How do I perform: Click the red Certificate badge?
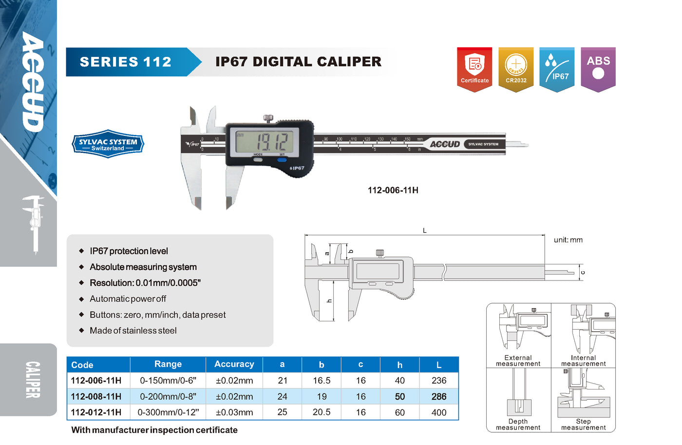coord(474,69)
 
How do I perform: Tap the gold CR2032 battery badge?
coord(516,69)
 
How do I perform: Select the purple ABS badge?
coord(598,69)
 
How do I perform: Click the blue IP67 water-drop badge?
coord(557,69)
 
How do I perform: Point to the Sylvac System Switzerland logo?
coord(108,144)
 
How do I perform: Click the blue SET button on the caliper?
coord(282,160)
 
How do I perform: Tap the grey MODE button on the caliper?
coord(258,160)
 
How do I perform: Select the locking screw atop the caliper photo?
coord(268,118)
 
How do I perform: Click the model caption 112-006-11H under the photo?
coord(393,190)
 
